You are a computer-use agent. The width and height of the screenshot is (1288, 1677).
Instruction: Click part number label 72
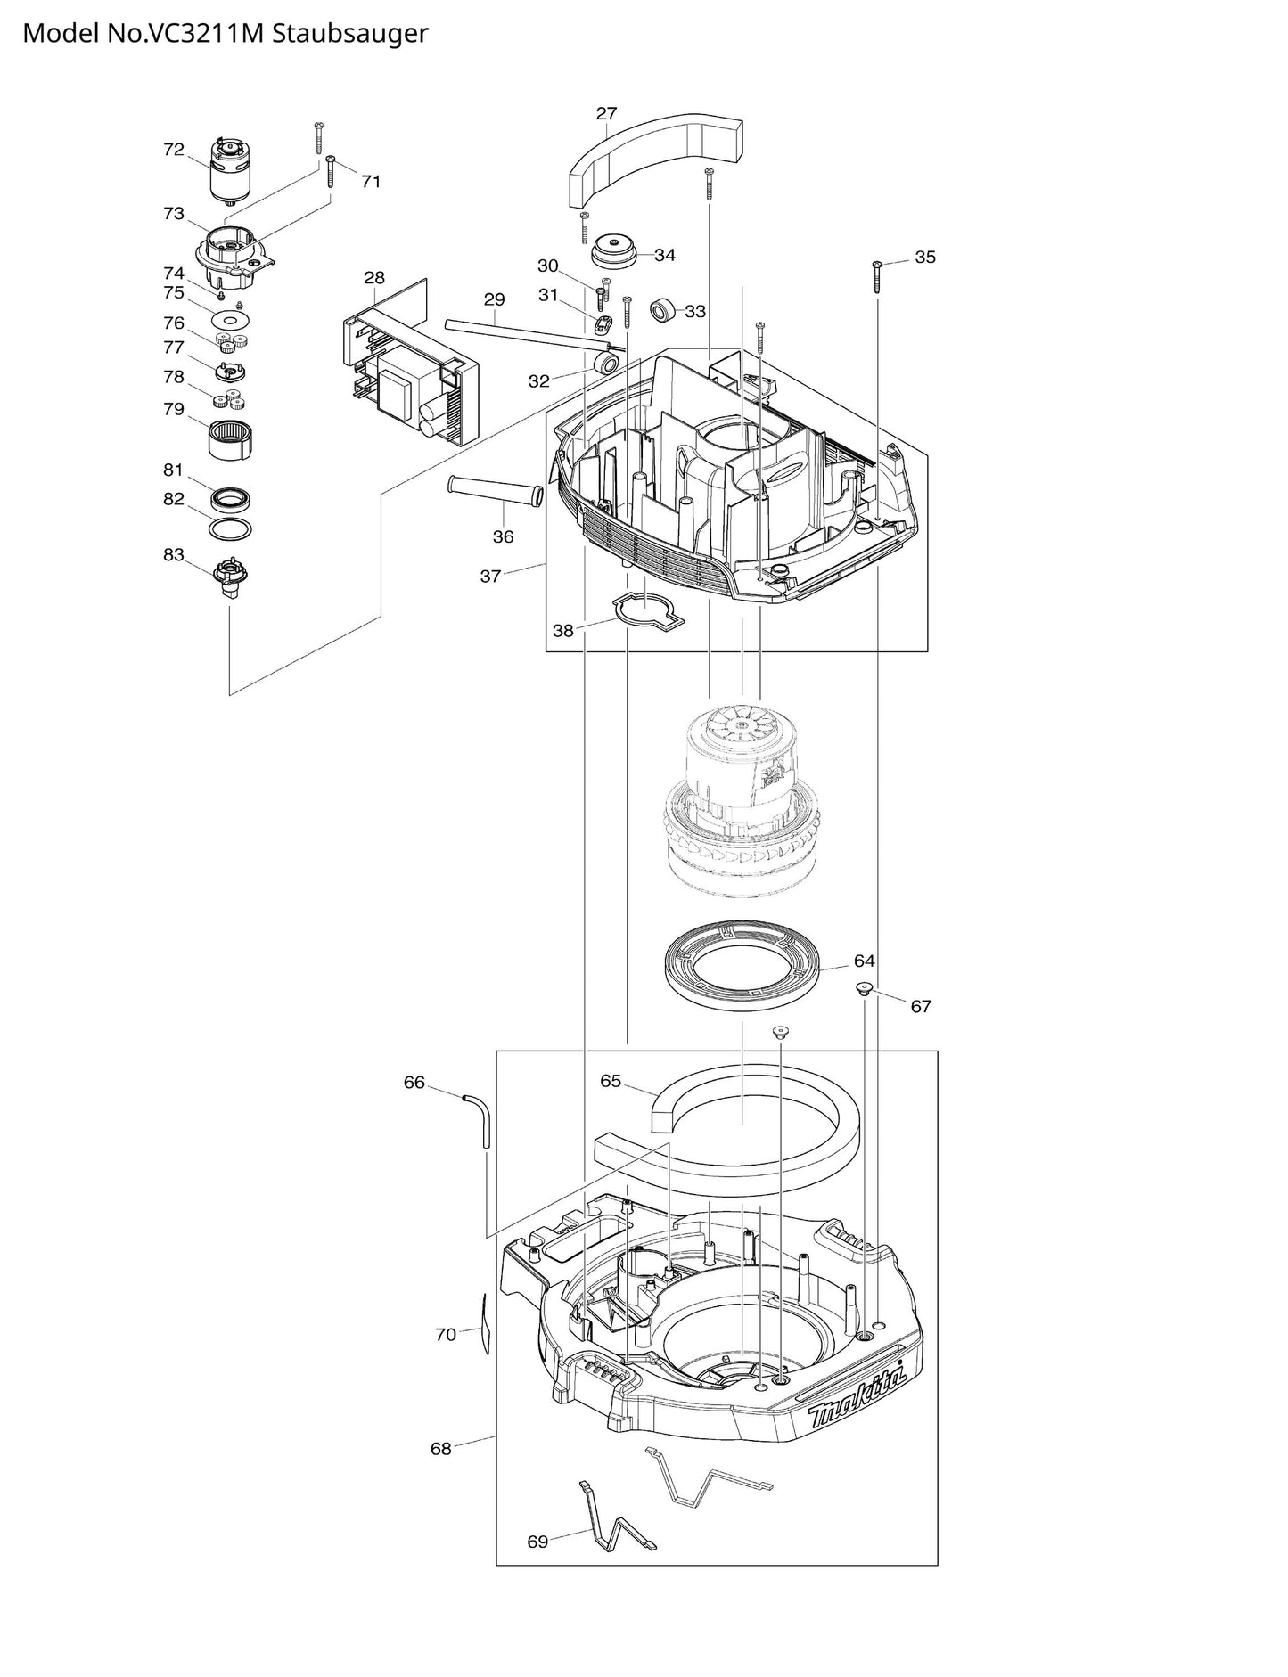tap(173, 150)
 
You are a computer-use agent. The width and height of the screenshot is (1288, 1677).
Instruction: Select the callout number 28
tap(374, 278)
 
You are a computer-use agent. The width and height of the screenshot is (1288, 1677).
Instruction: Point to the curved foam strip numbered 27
tap(655, 155)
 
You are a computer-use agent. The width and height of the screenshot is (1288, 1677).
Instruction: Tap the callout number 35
tap(925, 258)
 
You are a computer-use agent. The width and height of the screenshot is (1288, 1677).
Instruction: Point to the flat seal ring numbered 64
tap(745, 968)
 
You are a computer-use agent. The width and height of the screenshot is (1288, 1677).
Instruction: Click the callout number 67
tap(921, 1007)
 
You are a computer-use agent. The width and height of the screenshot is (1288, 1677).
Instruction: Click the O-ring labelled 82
tap(230, 528)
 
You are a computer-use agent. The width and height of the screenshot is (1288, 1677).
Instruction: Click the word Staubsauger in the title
tap(349, 34)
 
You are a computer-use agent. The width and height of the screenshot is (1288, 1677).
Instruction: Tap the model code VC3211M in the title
tap(197, 34)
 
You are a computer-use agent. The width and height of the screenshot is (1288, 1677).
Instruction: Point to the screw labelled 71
tap(331, 171)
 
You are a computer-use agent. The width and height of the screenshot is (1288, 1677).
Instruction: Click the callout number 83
tap(173, 555)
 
